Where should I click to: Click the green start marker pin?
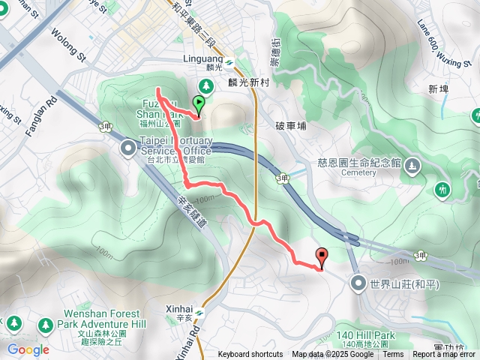pyautogui.click(x=199, y=104)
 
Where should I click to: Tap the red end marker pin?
pyautogui.click(x=322, y=258)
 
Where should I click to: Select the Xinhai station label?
pyautogui.click(x=180, y=308)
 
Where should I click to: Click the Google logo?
pyautogui.click(x=28, y=349)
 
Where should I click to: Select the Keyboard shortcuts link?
pyautogui.click(x=250, y=355)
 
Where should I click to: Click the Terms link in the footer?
pyautogui.click(x=392, y=355)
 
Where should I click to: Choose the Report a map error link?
pyautogui.click(x=445, y=355)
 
